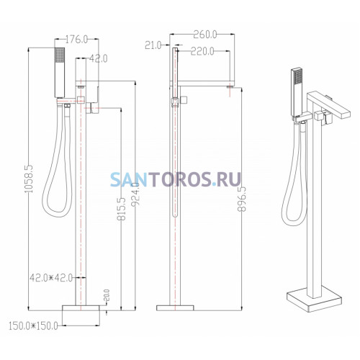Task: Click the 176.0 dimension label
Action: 76,40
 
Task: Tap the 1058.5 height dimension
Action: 29,179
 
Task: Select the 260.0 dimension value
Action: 205,35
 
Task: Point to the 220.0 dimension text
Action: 202,51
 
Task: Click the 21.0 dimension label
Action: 153,45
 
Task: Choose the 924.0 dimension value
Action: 135,194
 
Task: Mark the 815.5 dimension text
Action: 121,209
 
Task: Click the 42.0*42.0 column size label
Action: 51,278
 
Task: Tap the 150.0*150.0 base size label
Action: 33,326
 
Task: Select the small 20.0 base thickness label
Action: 107,295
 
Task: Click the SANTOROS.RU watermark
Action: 176,179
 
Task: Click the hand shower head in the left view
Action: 60,73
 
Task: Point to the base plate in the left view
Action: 81,308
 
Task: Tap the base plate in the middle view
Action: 175,308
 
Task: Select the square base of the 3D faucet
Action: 314,299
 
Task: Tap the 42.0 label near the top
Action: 99,58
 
